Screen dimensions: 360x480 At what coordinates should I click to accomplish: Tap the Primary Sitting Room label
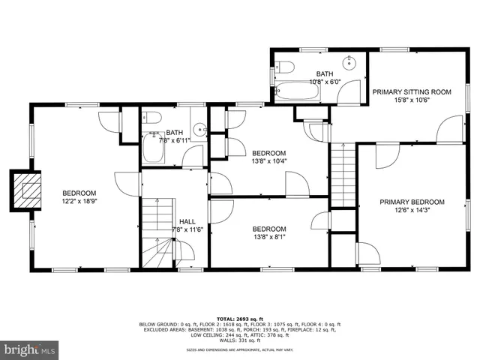[412, 92]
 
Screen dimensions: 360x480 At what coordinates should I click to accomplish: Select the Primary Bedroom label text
[412, 202]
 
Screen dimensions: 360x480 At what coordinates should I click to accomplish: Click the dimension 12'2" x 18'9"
[79, 201]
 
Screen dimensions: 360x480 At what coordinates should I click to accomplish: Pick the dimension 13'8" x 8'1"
[268, 238]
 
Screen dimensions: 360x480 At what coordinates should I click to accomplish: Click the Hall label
[187, 221]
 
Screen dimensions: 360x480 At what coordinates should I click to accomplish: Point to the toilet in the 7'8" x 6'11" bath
[152, 118]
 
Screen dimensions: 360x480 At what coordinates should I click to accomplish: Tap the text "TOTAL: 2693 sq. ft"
[239, 319]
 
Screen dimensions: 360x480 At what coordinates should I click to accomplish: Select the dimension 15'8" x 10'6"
[412, 101]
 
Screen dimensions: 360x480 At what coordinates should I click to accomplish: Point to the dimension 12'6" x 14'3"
[412, 211]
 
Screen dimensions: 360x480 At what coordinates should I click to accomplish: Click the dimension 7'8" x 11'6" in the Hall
[187, 230]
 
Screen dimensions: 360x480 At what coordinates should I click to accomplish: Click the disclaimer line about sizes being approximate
[239, 350]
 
